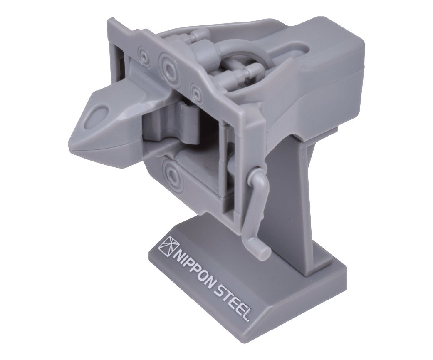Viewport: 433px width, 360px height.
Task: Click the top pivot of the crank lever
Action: tap(254, 174)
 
